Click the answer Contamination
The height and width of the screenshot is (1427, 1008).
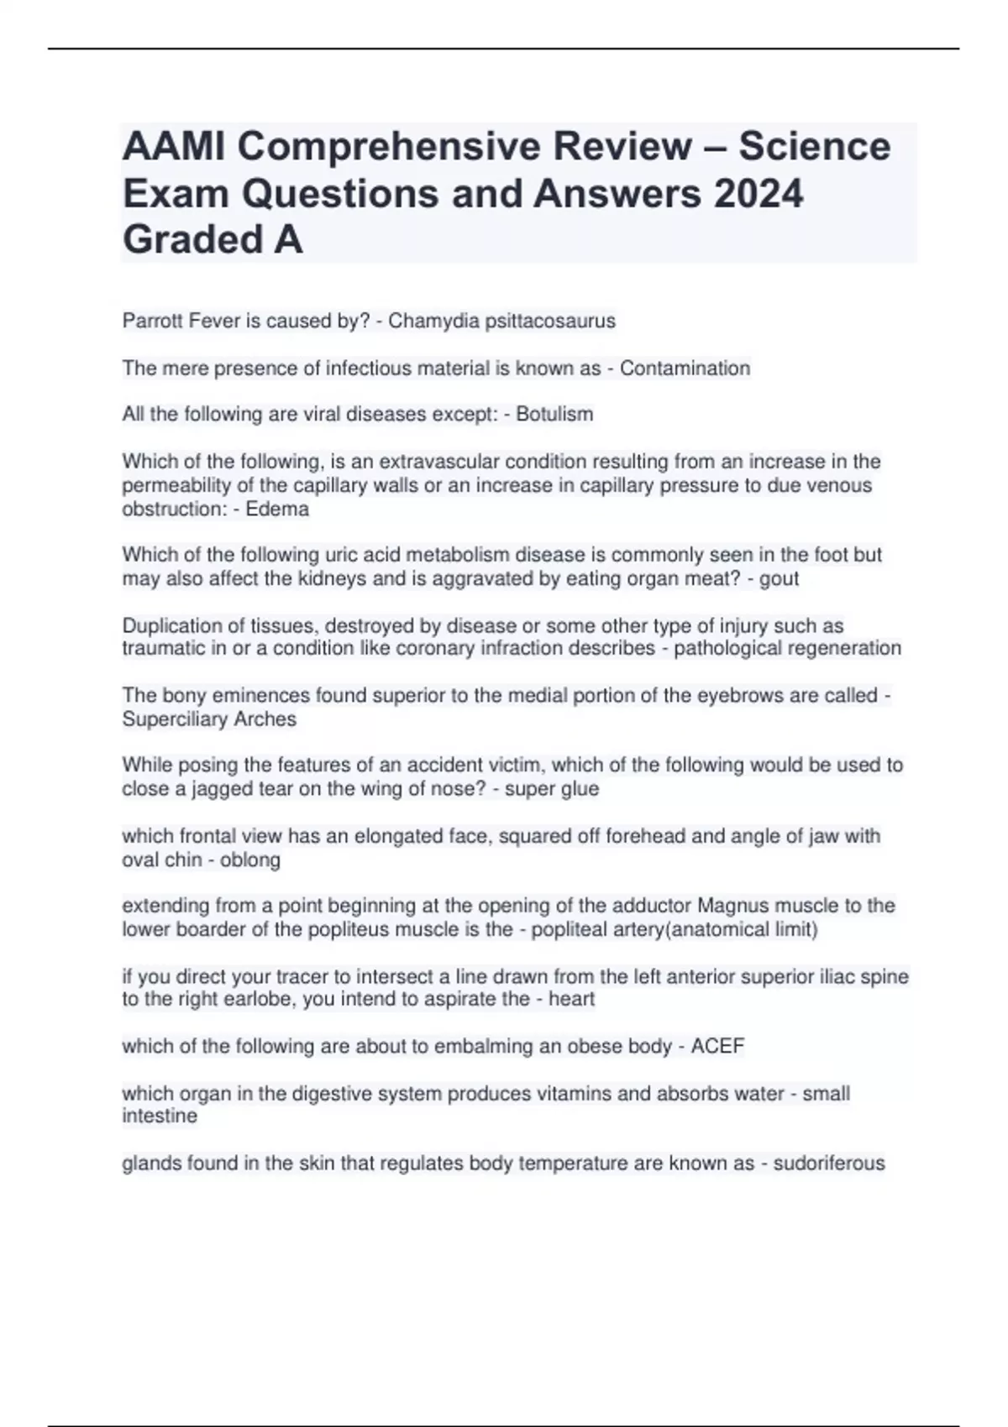pyautogui.click(x=685, y=368)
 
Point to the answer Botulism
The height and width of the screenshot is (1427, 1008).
pyautogui.click(x=554, y=414)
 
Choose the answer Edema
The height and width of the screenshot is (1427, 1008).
pyautogui.click(x=277, y=509)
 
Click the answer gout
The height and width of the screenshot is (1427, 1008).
pyautogui.click(x=779, y=578)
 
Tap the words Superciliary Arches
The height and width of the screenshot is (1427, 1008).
pyautogui.click(x=209, y=719)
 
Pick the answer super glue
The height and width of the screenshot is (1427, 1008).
pyautogui.click(x=551, y=788)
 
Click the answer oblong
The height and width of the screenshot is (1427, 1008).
pyautogui.click(x=250, y=860)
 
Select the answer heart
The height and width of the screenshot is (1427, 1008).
pyautogui.click(x=571, y=999)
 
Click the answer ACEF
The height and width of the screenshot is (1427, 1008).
pyautogui.click(x=717, y=1046)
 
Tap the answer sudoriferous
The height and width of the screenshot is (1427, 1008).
pyautogui.click(x=828, y=1163)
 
